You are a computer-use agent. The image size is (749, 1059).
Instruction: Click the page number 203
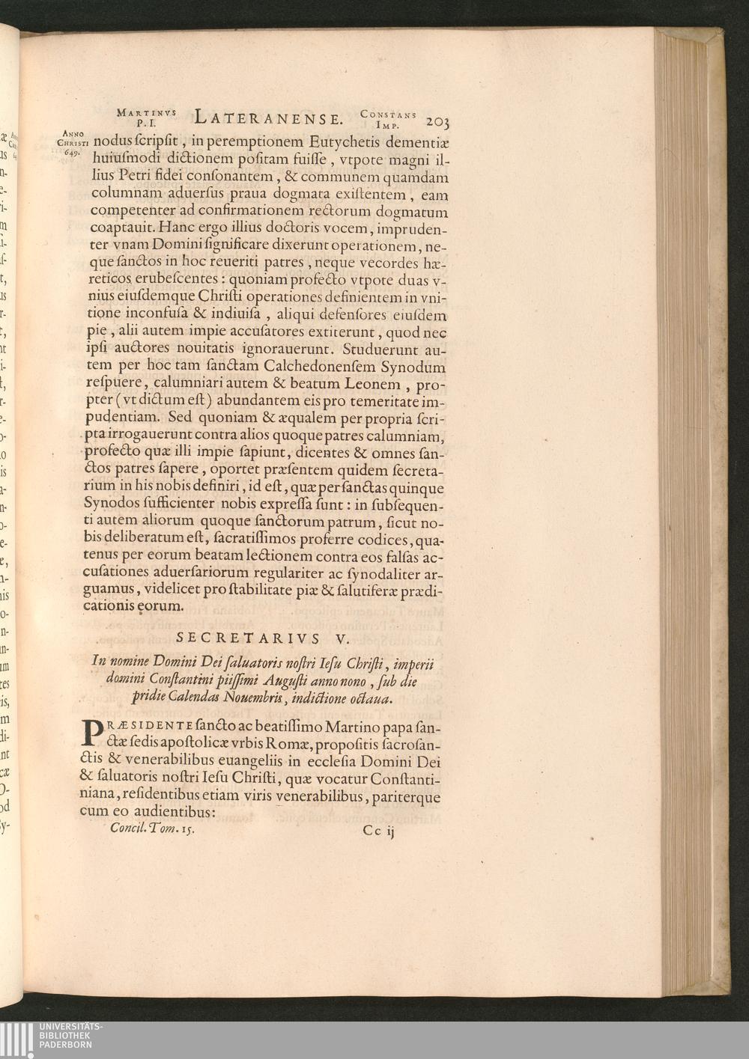point(436,120)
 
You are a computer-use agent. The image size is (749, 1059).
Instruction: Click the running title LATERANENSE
point(268,118)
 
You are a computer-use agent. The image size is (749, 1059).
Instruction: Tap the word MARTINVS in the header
point(146,112)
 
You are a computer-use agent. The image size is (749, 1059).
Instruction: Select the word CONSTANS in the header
point(387,114)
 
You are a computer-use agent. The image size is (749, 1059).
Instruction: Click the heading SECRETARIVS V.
point(258,638)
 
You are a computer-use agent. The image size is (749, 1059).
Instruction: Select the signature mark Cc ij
point(378,830)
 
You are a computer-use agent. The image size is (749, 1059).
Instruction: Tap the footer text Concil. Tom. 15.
point(152,828)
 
